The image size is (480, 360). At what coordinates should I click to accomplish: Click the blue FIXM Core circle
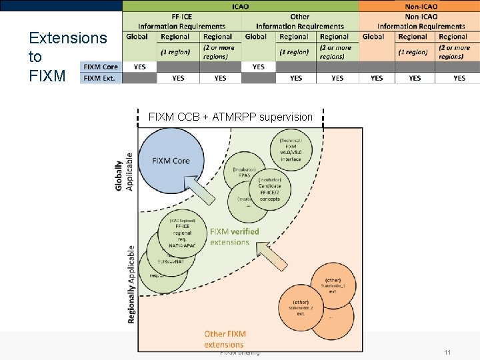pos(171,161)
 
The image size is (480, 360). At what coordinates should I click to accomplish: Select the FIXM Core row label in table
pos(101,67)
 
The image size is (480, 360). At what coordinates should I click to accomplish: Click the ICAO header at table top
pos(240,6)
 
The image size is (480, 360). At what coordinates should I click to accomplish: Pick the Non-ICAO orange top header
pos(420,6)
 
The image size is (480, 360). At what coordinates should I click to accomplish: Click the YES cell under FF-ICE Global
pos(139,67)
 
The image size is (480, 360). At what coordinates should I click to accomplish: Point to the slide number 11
pos(447,352)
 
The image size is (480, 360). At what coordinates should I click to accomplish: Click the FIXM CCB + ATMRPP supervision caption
pos(230,117)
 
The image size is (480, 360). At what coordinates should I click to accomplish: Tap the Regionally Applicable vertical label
pos(131,283)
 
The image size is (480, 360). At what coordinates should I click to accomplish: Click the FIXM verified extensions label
pos(234,237)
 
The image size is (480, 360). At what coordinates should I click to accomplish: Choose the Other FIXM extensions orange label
pos(225,339)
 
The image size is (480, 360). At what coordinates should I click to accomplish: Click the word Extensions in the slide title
pos(67,37)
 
